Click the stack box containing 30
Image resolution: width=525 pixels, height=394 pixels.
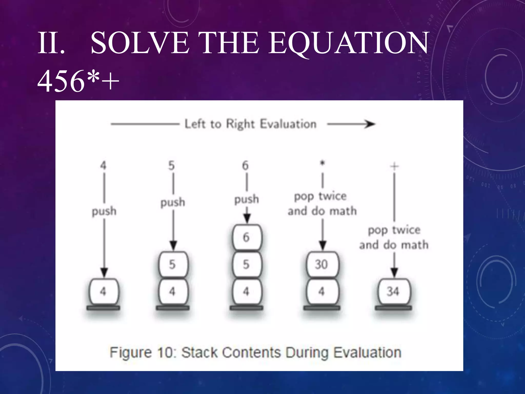[x=322, y=264]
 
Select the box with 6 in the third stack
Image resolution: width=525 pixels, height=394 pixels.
[x=246, y=237]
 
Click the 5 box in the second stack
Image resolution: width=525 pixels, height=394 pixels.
[x=173, y=264]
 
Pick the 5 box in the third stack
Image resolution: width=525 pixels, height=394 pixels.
[x=246, y=264]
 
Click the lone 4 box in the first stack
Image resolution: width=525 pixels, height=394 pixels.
[x=103, y=292]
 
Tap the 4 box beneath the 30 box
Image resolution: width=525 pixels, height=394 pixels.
[x=322, y=292]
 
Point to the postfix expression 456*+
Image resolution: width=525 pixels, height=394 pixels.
[x=78, y=82]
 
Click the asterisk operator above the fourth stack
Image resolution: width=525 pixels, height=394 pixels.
[x=322, y=163]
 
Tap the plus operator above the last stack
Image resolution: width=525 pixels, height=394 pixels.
[x=394, y=166]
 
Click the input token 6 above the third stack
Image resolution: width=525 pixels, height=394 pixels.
[x=246, y=166]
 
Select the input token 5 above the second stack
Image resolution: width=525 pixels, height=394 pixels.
[x=171, y=166]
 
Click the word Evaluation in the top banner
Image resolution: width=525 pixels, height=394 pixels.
[x=288, y=124]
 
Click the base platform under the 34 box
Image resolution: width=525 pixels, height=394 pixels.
[x=393, y=308]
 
